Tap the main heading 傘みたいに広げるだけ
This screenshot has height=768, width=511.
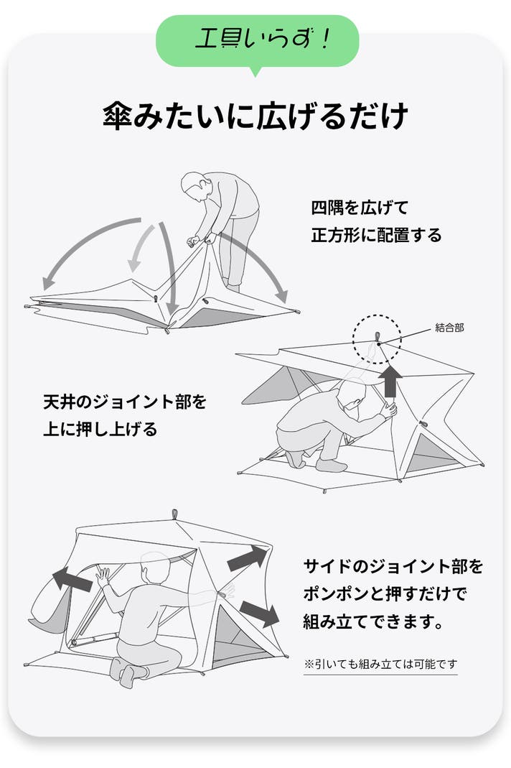(x=255, y=116)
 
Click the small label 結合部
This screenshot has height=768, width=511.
(x=449, y=328)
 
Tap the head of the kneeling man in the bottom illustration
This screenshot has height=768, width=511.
(x=155, y=569)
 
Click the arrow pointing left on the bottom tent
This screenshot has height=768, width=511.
(x=72, y=580)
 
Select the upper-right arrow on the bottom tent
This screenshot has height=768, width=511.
(x=248, y=558)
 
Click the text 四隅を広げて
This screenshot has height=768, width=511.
(x=360, y=208)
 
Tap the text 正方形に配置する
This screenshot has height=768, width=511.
(x=376, y=235)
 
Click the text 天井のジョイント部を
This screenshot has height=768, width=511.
(x=125, y=402)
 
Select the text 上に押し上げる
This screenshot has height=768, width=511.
(x=100, y=430)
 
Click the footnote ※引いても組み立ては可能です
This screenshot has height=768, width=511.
(x=381, y=664)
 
